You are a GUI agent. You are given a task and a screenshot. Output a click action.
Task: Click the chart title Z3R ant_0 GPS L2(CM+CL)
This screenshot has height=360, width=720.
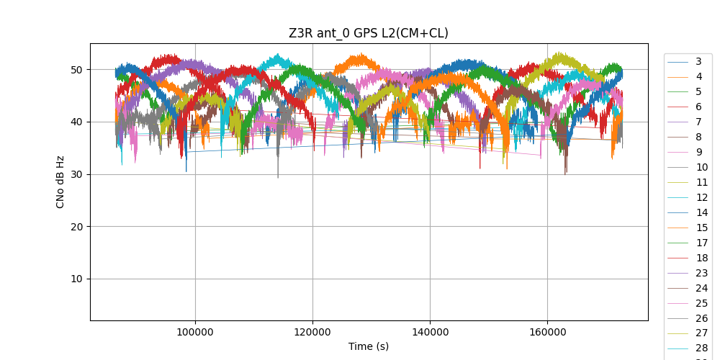(369, 33)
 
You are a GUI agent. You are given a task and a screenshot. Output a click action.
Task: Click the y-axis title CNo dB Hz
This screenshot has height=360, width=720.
(60, 181)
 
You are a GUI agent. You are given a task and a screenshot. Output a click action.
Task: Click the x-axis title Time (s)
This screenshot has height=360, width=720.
(369, 346)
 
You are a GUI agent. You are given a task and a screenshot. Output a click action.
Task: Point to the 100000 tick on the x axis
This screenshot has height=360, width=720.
(194, 331)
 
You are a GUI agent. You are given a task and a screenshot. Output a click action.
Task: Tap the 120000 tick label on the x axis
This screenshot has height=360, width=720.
(312, 331)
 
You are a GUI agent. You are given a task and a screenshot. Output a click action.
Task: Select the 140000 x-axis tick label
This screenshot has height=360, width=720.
(430, 331)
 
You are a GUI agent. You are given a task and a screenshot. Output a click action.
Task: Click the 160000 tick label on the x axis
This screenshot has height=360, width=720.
(547, 331)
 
